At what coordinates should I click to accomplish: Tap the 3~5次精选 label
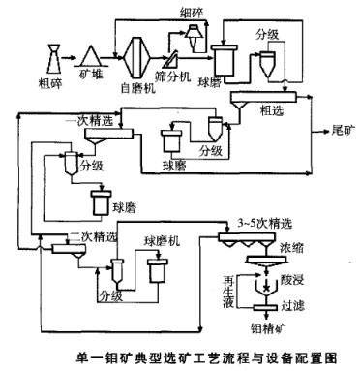[259, 225]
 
